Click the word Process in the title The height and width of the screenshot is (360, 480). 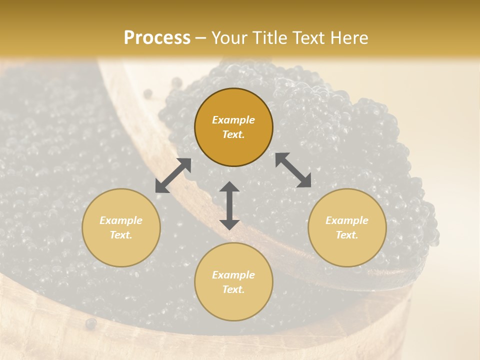tap(157, 38)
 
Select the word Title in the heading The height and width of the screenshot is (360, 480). tap(271, 38)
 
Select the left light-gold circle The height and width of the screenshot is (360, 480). tap(121, 227)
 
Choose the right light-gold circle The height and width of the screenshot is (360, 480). tap(347, 227)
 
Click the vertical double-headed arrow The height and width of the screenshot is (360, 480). tap(229, 205)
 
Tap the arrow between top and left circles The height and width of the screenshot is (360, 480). tap(173, 175)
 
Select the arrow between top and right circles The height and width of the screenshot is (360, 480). tap(293, 170)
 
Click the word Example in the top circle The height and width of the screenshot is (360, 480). tap(233, 120)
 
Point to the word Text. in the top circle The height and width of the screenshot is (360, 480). tap(233, 134)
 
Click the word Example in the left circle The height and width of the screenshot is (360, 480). tap(121, 220)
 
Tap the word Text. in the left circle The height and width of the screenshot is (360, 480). tap(121, 235)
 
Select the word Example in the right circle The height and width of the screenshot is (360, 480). tap(347, 220)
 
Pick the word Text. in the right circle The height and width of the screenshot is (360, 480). tap(347, 235)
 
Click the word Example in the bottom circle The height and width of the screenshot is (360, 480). tap(233, 275)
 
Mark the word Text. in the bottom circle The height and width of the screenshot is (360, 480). tap(233, 289)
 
